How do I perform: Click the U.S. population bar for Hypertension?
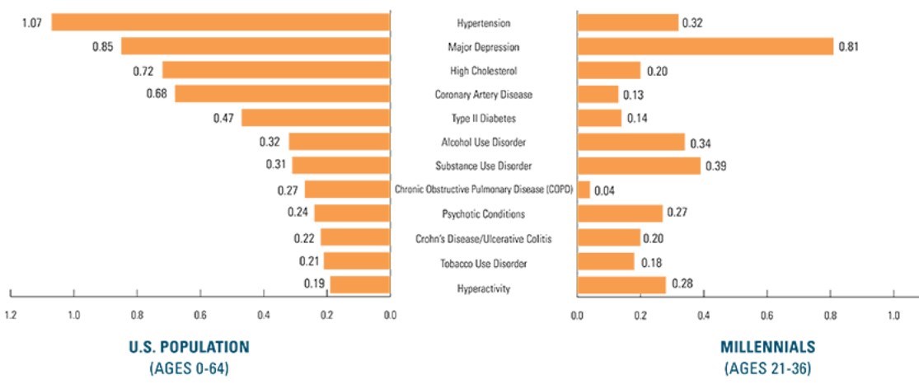220,22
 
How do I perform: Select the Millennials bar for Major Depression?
705,46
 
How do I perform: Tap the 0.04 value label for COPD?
606,190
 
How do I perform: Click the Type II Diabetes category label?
483,118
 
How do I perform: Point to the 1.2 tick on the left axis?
10,314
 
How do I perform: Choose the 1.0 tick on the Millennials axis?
893,314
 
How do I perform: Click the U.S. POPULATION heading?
188,346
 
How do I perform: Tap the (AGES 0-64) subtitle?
188,368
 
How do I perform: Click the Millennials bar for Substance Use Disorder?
639,166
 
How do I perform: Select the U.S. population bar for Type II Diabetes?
315,118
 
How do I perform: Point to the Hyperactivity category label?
483,288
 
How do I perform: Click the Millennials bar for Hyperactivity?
621,285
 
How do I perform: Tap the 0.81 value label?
849,46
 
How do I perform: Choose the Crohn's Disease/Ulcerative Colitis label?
483,239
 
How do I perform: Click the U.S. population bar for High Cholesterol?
275,70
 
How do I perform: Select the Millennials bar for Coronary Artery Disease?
598,94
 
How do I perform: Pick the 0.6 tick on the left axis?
200,314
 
